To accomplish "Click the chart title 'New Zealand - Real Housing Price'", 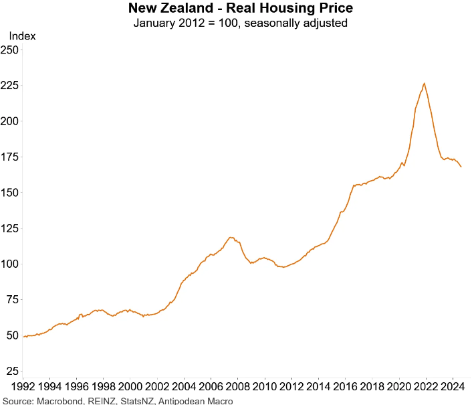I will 240,9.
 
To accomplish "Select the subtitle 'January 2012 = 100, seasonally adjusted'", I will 240,23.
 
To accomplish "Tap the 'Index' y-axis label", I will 22,36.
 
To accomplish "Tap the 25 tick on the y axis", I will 12,371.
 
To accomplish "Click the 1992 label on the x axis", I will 23,387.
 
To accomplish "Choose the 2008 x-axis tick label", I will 237,387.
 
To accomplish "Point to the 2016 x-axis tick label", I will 345,387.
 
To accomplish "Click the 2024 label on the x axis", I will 452,387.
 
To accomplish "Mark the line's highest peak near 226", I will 425,83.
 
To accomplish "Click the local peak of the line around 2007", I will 231,237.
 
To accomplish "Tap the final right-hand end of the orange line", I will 461,167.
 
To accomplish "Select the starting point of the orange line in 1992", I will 23,337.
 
